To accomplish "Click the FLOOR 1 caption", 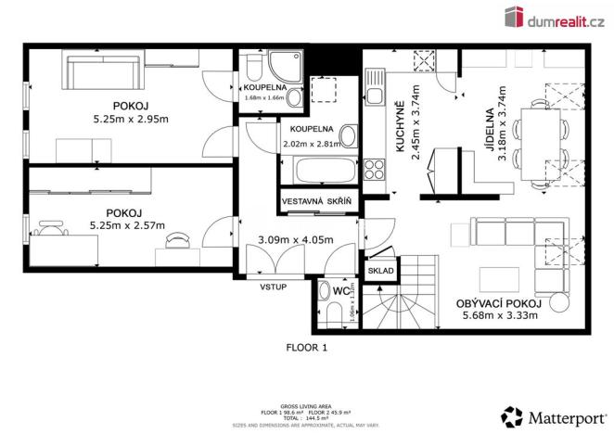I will click(306, 348).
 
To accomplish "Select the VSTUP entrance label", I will click(274, 287).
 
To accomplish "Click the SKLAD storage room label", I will click(381, 271).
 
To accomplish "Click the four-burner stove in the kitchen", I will click(376, 170).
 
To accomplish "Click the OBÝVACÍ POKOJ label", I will click(500, 303).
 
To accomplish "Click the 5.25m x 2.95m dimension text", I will click(128, 120).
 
